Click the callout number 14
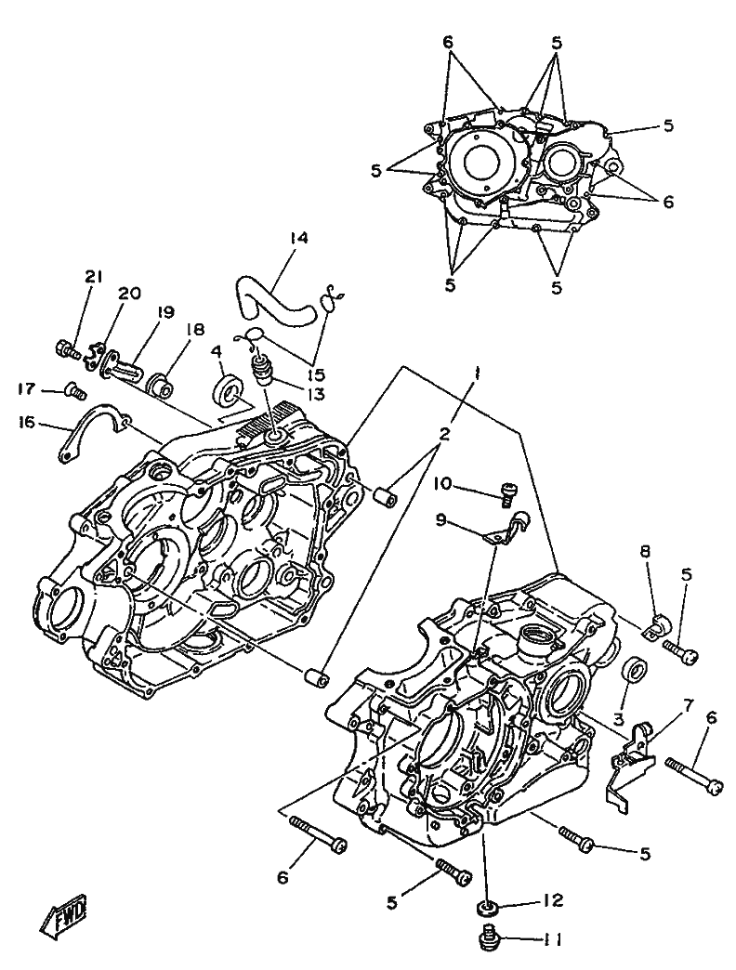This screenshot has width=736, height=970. pos(297,238)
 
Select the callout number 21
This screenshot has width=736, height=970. pos(93,275)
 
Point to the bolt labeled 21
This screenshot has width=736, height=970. pos(64,350)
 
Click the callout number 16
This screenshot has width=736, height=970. pos(26,423)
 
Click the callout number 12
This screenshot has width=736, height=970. pos(555,901)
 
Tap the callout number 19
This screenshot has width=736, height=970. pos(164,314)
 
